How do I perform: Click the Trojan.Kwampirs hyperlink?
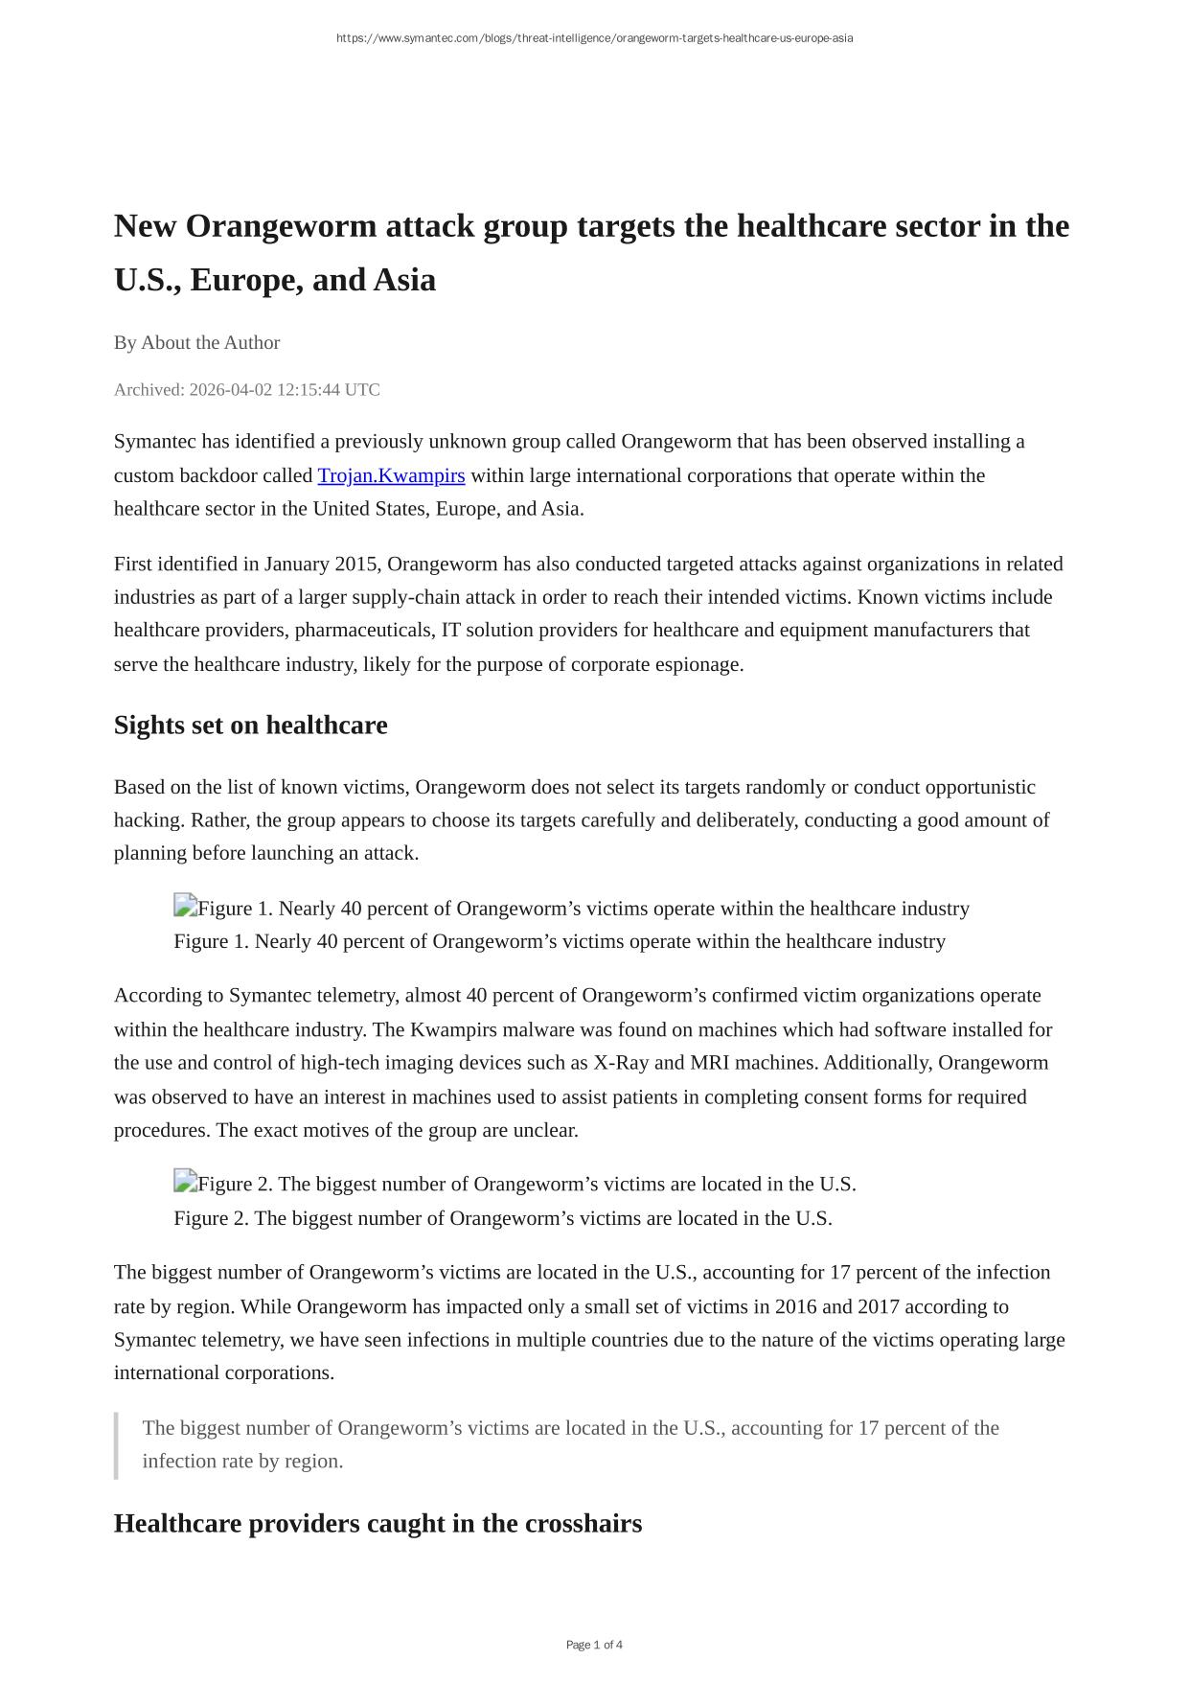tap(391, 475)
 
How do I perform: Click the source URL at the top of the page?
tap(594, 38)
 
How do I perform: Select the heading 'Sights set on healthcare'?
tap(250, 726)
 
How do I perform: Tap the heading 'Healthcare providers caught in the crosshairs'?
tap(378, 1523)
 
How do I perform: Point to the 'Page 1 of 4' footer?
tap(594, 1645)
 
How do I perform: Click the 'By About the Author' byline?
tap(196, 343)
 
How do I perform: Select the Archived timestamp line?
tap(246, 390)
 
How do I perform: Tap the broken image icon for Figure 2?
tap(185, 1182)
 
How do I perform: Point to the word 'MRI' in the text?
tap(709, 1063)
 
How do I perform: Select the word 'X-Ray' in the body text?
tap(620, 1063)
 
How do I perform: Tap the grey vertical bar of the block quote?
tap(116, 1444)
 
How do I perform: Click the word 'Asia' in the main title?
tap(404, 280)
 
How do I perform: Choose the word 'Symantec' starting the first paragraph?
tap(154, 442)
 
